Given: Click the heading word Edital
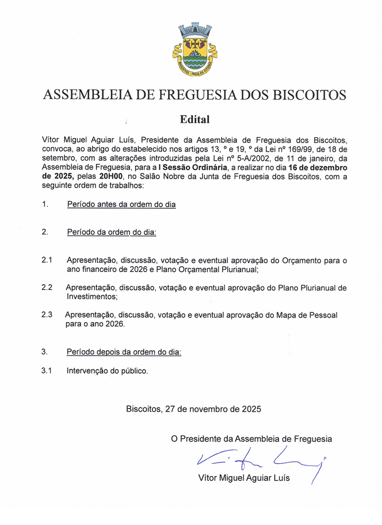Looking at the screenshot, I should coord(194,120).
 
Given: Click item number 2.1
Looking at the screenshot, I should coord(47,260).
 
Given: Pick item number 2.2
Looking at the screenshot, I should coord(47,287).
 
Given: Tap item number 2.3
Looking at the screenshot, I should coord(47,315).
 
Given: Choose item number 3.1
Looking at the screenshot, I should coord(47,371).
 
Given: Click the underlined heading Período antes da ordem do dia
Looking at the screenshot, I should coord(121,204).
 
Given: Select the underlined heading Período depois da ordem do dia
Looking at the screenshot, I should coord(124,352).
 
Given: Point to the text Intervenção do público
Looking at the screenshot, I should coord(108,371).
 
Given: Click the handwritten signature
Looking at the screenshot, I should coord(259,459).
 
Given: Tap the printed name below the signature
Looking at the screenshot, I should coord(244,478).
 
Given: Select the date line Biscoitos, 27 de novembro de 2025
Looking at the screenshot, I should coord(193,409).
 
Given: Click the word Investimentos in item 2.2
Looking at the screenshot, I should coord(92,297).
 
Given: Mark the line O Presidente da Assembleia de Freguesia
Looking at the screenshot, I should coord(251,439).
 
